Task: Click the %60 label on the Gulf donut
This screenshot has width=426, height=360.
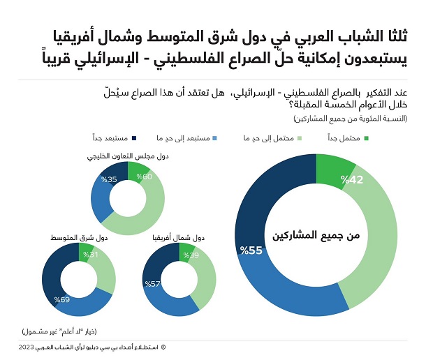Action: [x=145, y=177]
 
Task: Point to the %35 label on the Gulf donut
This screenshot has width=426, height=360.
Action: [x=108, y=179]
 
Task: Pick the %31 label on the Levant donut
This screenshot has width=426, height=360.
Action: [x=91, y=255]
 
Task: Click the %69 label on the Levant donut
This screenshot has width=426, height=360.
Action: [x=63, y=300]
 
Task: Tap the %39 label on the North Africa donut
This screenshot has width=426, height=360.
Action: [x=191, y=256]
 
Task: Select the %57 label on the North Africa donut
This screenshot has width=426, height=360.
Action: [x=153, y=284]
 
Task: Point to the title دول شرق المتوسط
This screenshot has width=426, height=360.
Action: [x=78, y=237]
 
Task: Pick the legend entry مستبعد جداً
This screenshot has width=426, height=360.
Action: [x=112, y=138]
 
